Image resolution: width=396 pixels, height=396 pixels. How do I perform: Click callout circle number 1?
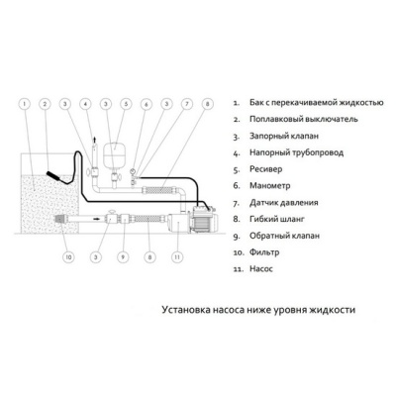tap(24, 104)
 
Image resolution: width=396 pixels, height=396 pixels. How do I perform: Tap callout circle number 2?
tap(46, 104)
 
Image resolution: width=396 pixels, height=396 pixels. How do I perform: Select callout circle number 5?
tap(126, 104)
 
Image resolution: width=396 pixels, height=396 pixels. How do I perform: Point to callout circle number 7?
tap(187, 104)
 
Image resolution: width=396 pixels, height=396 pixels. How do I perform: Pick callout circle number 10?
tap(68, 257)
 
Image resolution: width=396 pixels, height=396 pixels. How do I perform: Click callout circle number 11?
tap(177, 257)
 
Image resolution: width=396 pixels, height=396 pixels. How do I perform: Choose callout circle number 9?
tap(123, 257)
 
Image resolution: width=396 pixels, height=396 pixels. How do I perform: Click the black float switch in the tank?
tap(54, 176)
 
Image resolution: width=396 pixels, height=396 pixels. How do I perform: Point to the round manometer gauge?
tap(134, 171)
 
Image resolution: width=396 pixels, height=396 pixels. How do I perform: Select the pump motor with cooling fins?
tap(204, 218)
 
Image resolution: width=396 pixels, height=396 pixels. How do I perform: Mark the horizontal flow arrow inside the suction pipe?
tap(95, 218)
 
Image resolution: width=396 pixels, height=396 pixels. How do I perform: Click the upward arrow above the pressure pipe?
tap(95, 140)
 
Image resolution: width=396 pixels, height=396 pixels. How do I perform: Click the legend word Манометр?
tap(270, 185)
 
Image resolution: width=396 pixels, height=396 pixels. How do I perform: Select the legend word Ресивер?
tap(266, 169)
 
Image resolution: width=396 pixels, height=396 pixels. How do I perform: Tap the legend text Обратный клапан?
tap(284, 236)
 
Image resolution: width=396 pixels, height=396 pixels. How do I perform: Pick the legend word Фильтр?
tap(264, 252)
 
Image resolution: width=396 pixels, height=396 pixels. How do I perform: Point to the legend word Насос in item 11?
tap(261, 269)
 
